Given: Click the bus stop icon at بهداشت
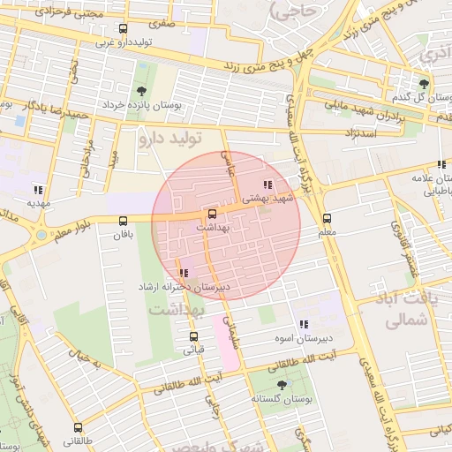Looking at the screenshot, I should [211, 214].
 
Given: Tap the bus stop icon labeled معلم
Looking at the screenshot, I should [328, 218].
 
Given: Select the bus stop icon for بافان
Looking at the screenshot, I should [122, 222].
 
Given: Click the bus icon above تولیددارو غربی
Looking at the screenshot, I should [122, 28].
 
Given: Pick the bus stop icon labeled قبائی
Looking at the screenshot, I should [193, 336].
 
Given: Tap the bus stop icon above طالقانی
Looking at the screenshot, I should [75, 425].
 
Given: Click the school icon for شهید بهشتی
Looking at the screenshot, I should [268, 185].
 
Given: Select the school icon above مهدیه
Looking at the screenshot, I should [37, 190].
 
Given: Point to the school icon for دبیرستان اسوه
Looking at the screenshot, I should [304, 324].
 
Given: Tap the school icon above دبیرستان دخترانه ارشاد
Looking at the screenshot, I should [183, 274].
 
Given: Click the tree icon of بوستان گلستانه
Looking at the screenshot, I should [282, 385].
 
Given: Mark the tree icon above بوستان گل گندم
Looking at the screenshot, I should [424, 84].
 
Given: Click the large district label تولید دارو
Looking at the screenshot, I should [173, 139].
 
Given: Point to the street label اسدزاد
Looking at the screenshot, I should [364, 132].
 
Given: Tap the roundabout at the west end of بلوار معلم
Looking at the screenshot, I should [41, 235].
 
